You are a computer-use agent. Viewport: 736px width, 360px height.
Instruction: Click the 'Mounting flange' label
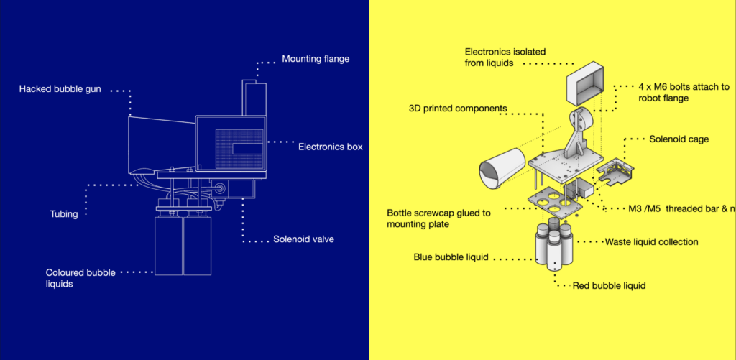pos(316,59)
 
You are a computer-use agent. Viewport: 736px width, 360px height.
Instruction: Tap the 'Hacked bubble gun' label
pos(60,89)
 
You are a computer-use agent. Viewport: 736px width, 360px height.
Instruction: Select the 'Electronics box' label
pos(330,147)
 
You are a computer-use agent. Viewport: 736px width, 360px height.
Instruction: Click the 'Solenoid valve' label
pos(303,239)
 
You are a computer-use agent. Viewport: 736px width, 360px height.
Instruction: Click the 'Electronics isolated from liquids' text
pos(505,57)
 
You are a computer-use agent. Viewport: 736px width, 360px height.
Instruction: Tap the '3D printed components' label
pos(458,109)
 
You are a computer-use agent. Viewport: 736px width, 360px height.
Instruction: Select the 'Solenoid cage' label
pos(678,139)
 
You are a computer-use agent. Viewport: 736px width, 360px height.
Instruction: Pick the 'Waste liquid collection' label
pos(651,241)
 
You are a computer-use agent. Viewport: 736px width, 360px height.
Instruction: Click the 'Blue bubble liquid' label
pos(451,257)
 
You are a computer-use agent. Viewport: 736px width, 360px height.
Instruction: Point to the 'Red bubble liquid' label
pos(609,285)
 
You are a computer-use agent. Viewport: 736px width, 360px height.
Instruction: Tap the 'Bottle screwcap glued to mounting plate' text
pos(438,218)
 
